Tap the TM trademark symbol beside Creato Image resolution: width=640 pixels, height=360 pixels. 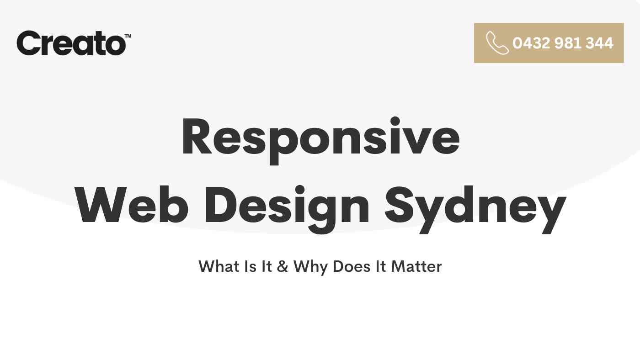(x=128, y=36)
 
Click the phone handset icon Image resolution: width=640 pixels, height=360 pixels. (x=497, y=43)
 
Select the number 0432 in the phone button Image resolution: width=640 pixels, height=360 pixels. (x=531, y=43)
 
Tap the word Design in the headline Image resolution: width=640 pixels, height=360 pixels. (x=287, y=209)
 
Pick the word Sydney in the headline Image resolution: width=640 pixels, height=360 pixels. (x=475, y=209)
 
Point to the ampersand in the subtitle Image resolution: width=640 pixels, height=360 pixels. (x=283, y=266)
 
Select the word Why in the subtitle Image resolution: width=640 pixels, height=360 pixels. (x=310, y=267)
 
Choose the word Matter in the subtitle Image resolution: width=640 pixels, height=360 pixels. (x=416, y=266)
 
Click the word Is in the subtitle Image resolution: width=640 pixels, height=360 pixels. (x=251, y=266)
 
